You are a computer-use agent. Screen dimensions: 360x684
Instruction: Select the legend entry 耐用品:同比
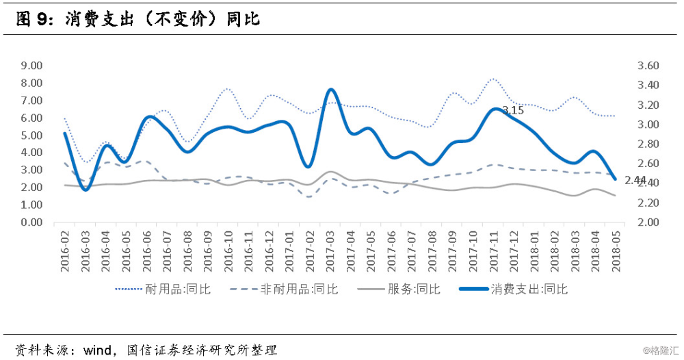point(168,289)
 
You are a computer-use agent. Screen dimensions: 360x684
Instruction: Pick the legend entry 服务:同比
point(405,289)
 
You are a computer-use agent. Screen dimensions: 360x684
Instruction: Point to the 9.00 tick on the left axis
point(31,66)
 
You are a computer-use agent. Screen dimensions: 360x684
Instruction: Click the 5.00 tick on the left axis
point(31,136)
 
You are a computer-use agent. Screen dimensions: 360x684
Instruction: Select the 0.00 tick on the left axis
point(31,222)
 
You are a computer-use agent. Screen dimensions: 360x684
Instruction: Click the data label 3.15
point(513,110)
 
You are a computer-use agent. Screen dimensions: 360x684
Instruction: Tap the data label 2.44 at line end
point(635,180)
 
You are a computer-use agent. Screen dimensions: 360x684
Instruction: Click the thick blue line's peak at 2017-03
point(330,90)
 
